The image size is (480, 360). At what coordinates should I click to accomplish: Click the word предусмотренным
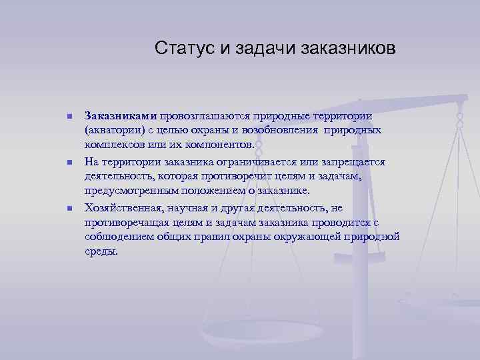125,190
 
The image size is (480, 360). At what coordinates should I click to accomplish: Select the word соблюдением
117,237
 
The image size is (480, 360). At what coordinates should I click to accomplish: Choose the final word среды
101,251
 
